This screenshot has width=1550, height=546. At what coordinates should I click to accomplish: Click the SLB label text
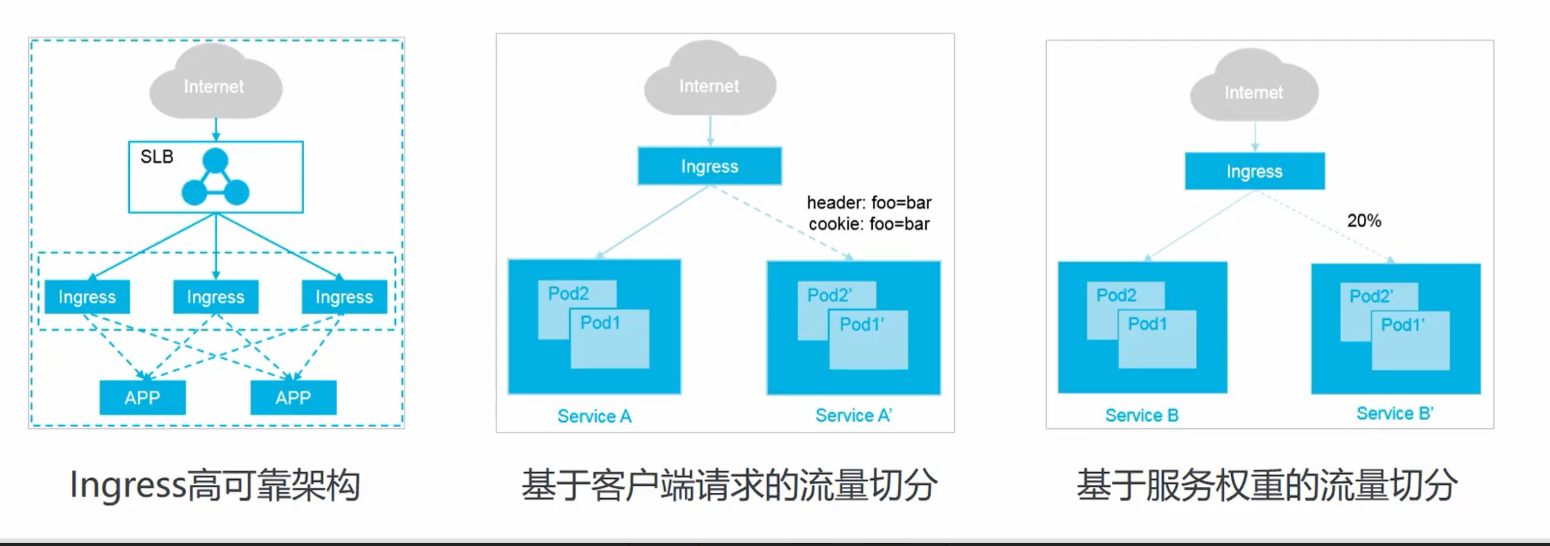pyautogui.click(x=156, y=157)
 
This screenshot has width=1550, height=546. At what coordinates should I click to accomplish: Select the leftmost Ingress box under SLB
pyautogui.click(x=87, y=296)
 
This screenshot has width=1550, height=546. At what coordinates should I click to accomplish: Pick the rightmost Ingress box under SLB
pyautogui.click(x=344, y=296)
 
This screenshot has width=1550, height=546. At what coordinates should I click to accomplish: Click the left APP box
pyautogui.click(x=143, y=397)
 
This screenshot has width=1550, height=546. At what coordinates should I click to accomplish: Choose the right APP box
pyautogui.click(x=293, y=397)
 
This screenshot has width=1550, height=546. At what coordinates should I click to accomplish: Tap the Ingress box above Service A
pyautogui.click(x=709, y=166)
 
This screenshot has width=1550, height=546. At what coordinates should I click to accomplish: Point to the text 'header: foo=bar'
pyautogui.click(x=869, y=202)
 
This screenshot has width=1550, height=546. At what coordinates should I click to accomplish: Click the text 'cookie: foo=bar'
pyautogui.click(x=869, y=224)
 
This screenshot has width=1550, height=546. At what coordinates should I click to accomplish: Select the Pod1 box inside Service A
pyautogui.click(x=609, y=340)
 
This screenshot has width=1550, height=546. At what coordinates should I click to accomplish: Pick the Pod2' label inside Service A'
pyautogui.click(x=829, y=295)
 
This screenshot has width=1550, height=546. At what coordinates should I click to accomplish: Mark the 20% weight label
pyautogui.click(x=1364, y=221)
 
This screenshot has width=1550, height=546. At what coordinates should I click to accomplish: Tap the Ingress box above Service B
pyautogui.click(x=1255, y=172)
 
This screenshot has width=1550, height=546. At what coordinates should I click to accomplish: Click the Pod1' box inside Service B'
pyautogui.click(x=1410, y=341)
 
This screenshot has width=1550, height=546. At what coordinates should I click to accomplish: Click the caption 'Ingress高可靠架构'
pyautogui.click(x=215, y=485)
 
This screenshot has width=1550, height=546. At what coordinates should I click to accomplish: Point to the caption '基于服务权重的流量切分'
pyautogui.click(x=1267, y=485)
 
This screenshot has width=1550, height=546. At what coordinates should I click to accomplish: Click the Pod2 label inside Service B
pyautogui.click(x=1116, y=295)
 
